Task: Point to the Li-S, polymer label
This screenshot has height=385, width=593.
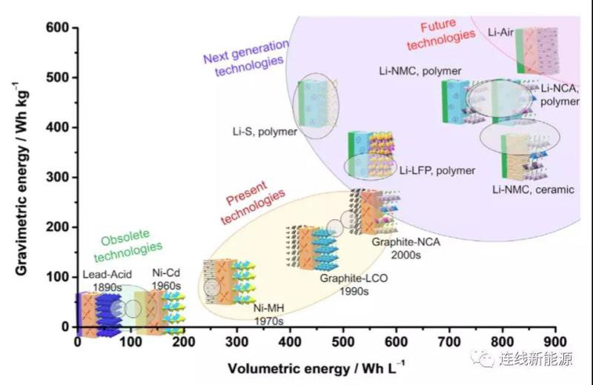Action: click(x=265, y=133)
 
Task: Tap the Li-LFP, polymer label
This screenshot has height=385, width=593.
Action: click(x=437, y=170)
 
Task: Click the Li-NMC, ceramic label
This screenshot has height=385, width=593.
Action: click(x=533, y=190)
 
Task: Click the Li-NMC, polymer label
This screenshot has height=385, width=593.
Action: click(x=420, y=71)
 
